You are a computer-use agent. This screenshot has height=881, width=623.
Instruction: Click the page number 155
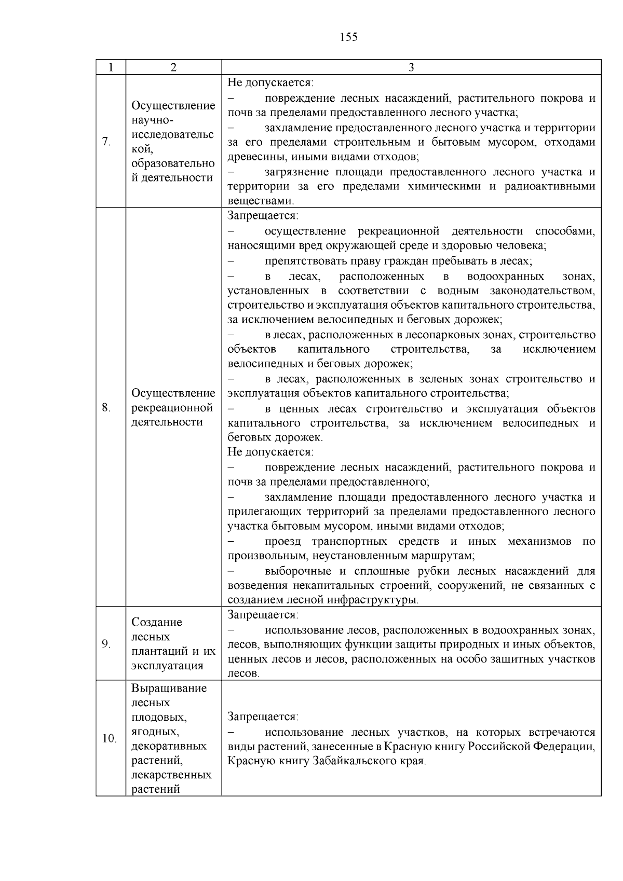348,37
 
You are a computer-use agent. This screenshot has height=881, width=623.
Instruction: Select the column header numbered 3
411,67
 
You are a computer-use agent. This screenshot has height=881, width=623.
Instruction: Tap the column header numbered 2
173,67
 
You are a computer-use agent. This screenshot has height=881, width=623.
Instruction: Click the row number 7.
107,142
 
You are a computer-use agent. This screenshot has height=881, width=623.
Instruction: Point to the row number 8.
106,407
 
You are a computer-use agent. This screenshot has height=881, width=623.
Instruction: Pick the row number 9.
106,644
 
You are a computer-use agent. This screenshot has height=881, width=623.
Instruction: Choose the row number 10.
109,738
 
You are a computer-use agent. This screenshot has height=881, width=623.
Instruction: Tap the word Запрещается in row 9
262,615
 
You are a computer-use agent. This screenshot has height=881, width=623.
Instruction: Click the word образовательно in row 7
173,163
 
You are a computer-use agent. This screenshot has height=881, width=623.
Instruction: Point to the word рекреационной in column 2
172,408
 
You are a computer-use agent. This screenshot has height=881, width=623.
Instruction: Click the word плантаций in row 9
158,651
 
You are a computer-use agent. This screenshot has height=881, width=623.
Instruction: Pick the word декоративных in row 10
169,746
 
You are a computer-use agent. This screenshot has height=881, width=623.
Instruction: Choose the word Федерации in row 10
564,747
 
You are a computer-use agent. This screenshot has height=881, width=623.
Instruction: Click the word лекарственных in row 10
171,775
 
